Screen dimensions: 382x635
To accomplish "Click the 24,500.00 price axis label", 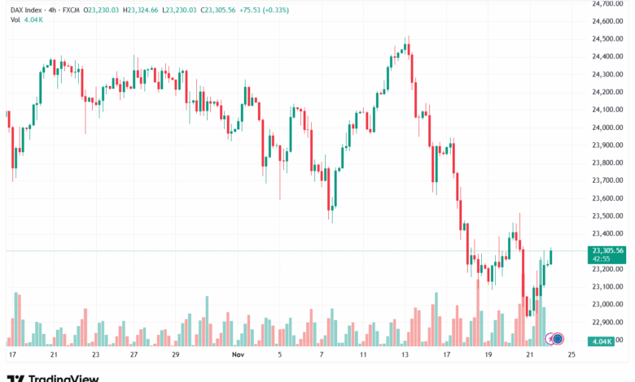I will tap(608, 39).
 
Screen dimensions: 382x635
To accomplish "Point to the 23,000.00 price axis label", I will tap(608, 304).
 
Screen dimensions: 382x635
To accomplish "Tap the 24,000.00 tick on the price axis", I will tap(608, 128).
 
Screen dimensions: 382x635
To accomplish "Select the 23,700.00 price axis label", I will tap(608, 180).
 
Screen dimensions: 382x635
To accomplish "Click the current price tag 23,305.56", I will tap(608, 251).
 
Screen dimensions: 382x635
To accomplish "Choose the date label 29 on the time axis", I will tap(175, 355).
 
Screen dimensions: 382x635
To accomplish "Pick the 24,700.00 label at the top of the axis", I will tap(608, 4).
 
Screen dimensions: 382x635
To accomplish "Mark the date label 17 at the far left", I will tap(11, 355).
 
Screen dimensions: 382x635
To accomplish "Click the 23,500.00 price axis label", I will tap(608, 215).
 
